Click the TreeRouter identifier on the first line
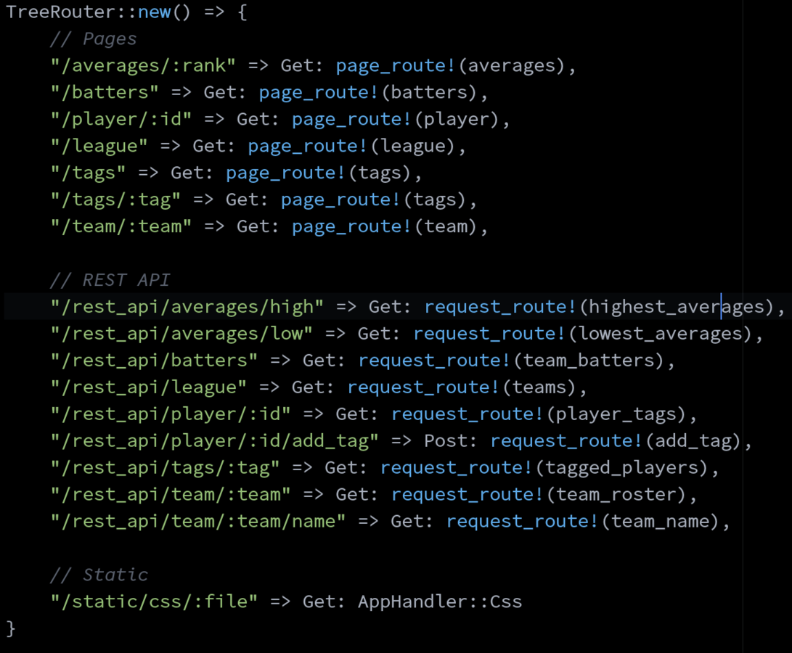pos(54,12)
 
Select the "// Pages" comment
pos(94,39)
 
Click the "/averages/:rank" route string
pos(143,66)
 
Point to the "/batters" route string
pos(105,93)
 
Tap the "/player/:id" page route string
pos(121,120)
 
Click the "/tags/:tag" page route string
pos(115,200)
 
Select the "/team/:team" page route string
pos(121,226)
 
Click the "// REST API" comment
pos(110,280)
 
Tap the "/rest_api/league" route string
pos(149,387)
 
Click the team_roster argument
pos(617,495)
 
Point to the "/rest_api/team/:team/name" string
pos(198,522)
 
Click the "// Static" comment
pos(99,575)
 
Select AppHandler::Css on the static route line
pos(440,602)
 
